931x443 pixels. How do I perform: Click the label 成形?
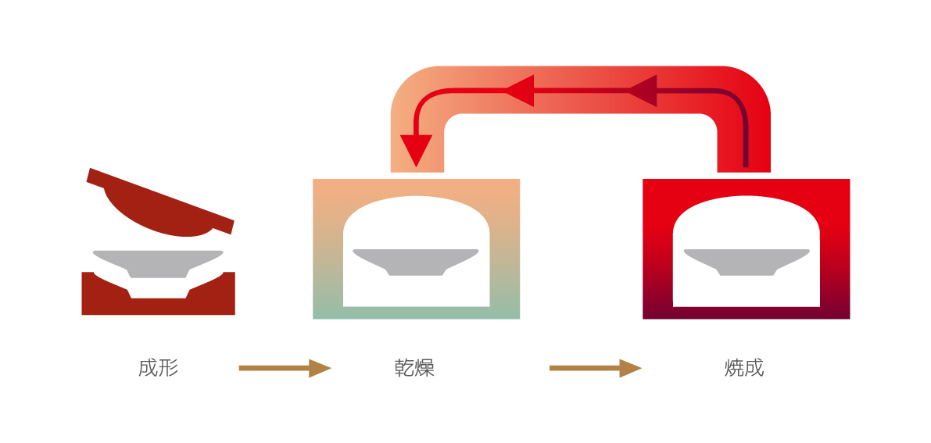tap(159, 368)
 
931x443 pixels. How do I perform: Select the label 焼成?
tap(744, 368)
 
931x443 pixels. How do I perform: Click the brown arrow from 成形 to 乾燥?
tap(285, 368)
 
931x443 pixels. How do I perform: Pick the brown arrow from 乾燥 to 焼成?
tap(595, 368)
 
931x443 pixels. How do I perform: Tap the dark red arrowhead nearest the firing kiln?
tap(643, 91)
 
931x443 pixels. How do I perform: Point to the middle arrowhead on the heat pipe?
tap(520, 91)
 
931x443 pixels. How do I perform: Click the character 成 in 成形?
tap(149, 368)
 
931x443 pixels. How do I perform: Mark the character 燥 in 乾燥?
tap(425, 368)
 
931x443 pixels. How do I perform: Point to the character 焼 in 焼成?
tap(734, 368)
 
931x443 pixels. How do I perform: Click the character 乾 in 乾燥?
tap(405, 368)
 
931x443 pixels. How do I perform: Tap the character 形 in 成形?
tap(169, 368)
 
